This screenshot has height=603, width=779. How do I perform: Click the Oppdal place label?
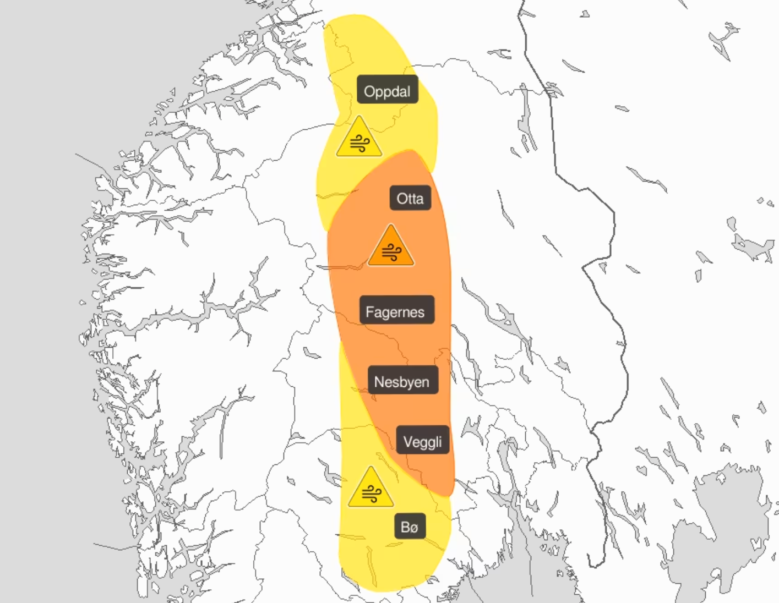tap(387, 91)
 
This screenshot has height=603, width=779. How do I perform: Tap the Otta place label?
tap(410, 199)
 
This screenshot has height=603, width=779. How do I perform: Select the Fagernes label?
tap(395, 312)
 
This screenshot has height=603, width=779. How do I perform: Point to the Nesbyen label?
tap(402, 382)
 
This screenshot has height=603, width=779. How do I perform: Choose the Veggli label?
tap(422, 441)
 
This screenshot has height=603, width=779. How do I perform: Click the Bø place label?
tap(410, 527)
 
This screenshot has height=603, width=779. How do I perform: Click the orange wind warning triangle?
tap(391, 248)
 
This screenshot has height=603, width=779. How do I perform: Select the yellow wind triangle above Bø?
tap(371, 490)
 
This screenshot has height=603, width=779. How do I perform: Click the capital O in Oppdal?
tap(369, 91)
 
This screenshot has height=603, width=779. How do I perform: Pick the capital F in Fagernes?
tap(369, 312)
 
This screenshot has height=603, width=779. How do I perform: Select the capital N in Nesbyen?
tap(379, 382)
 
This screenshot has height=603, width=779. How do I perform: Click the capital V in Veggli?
tap(408, 441)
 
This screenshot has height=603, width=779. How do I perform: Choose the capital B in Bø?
tap(405, 527)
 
